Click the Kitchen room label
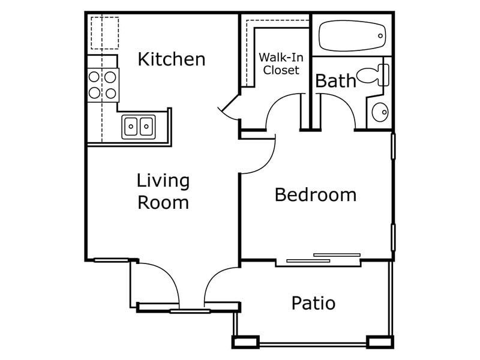point(172,59)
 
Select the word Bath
point(335,81)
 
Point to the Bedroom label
point(316,195)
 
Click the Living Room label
point(163,191)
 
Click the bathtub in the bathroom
point(351,37)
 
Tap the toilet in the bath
point(373,76)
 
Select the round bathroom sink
point(380,112)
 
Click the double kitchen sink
point(139,127)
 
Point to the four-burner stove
point(103,85)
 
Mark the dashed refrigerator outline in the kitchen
point(105,33)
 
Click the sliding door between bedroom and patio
point(324,257)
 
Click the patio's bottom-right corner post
point(380,343)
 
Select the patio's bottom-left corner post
point(245,343)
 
